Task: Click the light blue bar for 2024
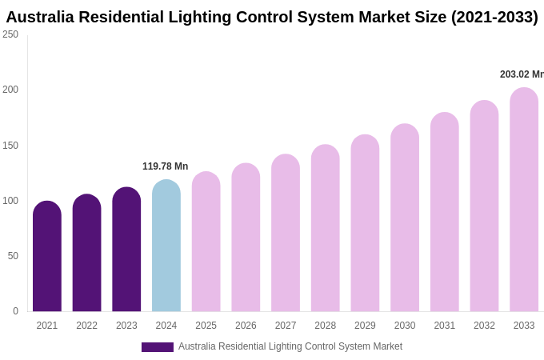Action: [166, 246]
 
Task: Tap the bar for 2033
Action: [524, 200]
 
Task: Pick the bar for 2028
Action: [326, 228]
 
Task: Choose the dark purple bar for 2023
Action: [126, 250]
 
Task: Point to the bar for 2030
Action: [405, 218]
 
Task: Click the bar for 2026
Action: [246, 238]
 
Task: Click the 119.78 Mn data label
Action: [165, 166]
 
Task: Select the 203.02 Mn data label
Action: [522, 74]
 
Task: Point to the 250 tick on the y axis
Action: [10, 34]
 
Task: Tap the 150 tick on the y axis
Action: [10, 146]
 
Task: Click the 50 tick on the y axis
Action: [13, 256]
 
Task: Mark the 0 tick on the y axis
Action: [15, 311]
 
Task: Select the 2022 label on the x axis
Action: [86, 326]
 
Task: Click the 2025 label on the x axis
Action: [206, 326]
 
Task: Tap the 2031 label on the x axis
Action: [445, 326]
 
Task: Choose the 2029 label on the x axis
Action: [365, 326]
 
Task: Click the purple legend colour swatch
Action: [158, 347]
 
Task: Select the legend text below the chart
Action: [290, 346]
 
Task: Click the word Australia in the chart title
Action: [43, 17]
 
